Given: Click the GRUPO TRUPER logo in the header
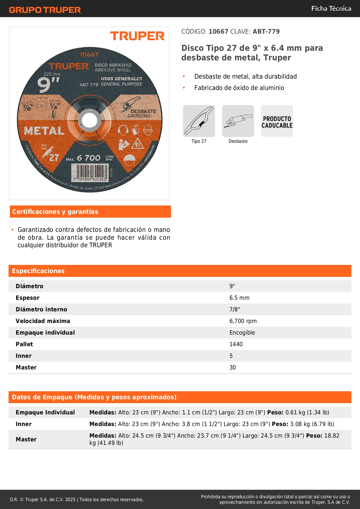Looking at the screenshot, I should point(45,10).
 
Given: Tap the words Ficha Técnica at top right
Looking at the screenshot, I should point(331,8).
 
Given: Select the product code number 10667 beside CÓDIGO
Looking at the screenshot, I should point(218,32).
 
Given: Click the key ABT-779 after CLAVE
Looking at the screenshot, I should point(266,32).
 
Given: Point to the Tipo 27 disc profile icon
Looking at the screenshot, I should point(199,121).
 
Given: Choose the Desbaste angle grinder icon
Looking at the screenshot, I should point(238,121).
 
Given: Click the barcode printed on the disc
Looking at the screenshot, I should point(90,172).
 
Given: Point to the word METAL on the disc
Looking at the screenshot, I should point(44,131).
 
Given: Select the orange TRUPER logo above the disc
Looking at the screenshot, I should point(137,36).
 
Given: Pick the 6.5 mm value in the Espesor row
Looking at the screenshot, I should point(239,298).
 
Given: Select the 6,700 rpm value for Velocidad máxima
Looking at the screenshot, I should point(243,321).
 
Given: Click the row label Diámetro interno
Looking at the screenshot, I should point(41,310).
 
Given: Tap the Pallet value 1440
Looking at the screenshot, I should point(236,344).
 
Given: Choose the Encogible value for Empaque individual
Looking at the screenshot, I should point(242,333).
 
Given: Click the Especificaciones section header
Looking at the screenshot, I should point(38,271).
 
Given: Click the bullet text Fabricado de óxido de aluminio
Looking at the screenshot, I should point(239,88).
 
